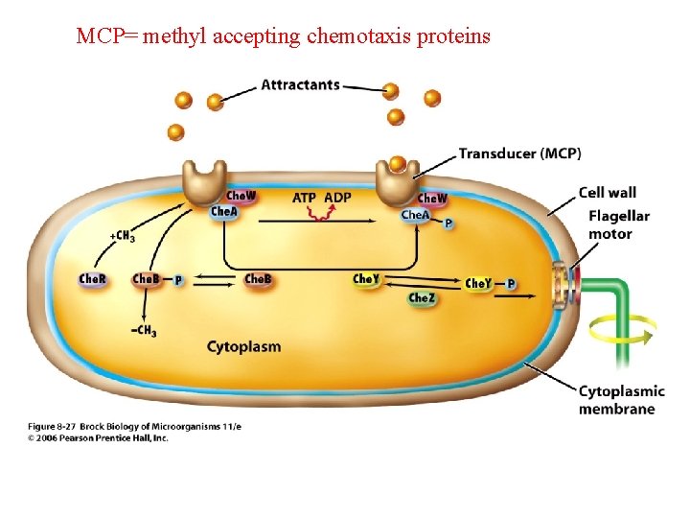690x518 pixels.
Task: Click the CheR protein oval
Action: [93, 279]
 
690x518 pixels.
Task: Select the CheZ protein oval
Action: [422, 298]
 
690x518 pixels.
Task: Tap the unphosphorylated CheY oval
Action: [365, 280]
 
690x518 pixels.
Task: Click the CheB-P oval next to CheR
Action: [146, 279]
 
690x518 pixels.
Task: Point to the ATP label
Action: [304, 198]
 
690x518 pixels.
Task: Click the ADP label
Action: [337, 198]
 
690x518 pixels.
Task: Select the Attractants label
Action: [300, 84]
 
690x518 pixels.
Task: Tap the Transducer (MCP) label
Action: [519, 153]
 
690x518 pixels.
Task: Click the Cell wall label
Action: [607, 193]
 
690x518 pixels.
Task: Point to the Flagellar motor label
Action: [618, 224]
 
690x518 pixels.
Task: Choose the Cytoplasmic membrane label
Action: [620, 400]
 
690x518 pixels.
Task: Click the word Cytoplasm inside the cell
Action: [244, 346]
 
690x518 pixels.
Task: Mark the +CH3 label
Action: [122, 235]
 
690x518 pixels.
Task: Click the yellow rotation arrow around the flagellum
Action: [623, 330]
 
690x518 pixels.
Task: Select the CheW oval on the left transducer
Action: [241, 197]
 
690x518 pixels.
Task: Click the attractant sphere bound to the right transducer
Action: [398, 164]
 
